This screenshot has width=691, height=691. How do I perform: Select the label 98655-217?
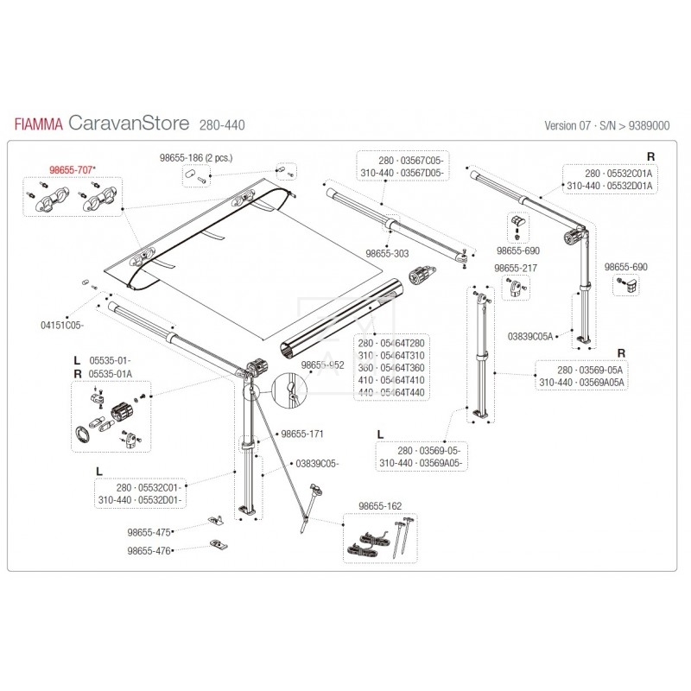coord(515,269)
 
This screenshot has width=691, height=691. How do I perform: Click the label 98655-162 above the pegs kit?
coord(380,505)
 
